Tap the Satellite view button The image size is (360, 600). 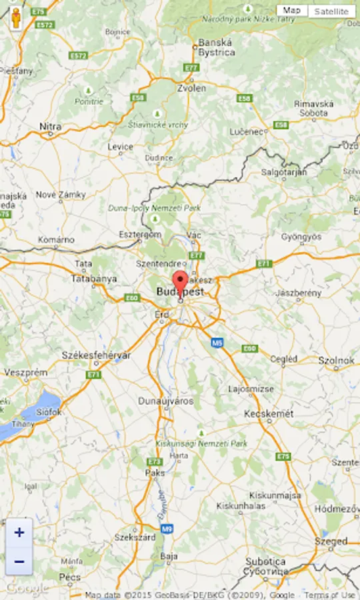[x=331, y=11]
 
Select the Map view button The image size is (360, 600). [x=291, y=11]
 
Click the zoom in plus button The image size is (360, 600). [x=19, y=533]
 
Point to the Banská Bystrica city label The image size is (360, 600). [x=217, y=48]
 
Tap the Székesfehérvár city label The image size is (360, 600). [x=96, y=355]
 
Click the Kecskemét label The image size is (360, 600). [x=269, y=414]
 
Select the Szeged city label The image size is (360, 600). [x=332, y=541]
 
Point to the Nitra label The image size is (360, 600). [x=51, y=126]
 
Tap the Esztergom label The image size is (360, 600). [x=140, y=235]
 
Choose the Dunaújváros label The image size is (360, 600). [x=165, y=401]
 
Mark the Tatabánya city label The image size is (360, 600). [x=94, y=279]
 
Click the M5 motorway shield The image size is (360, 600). [x=217, y=343]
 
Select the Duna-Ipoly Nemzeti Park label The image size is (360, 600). [x=155, y=208]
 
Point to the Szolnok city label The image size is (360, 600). [x=337, y=361]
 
